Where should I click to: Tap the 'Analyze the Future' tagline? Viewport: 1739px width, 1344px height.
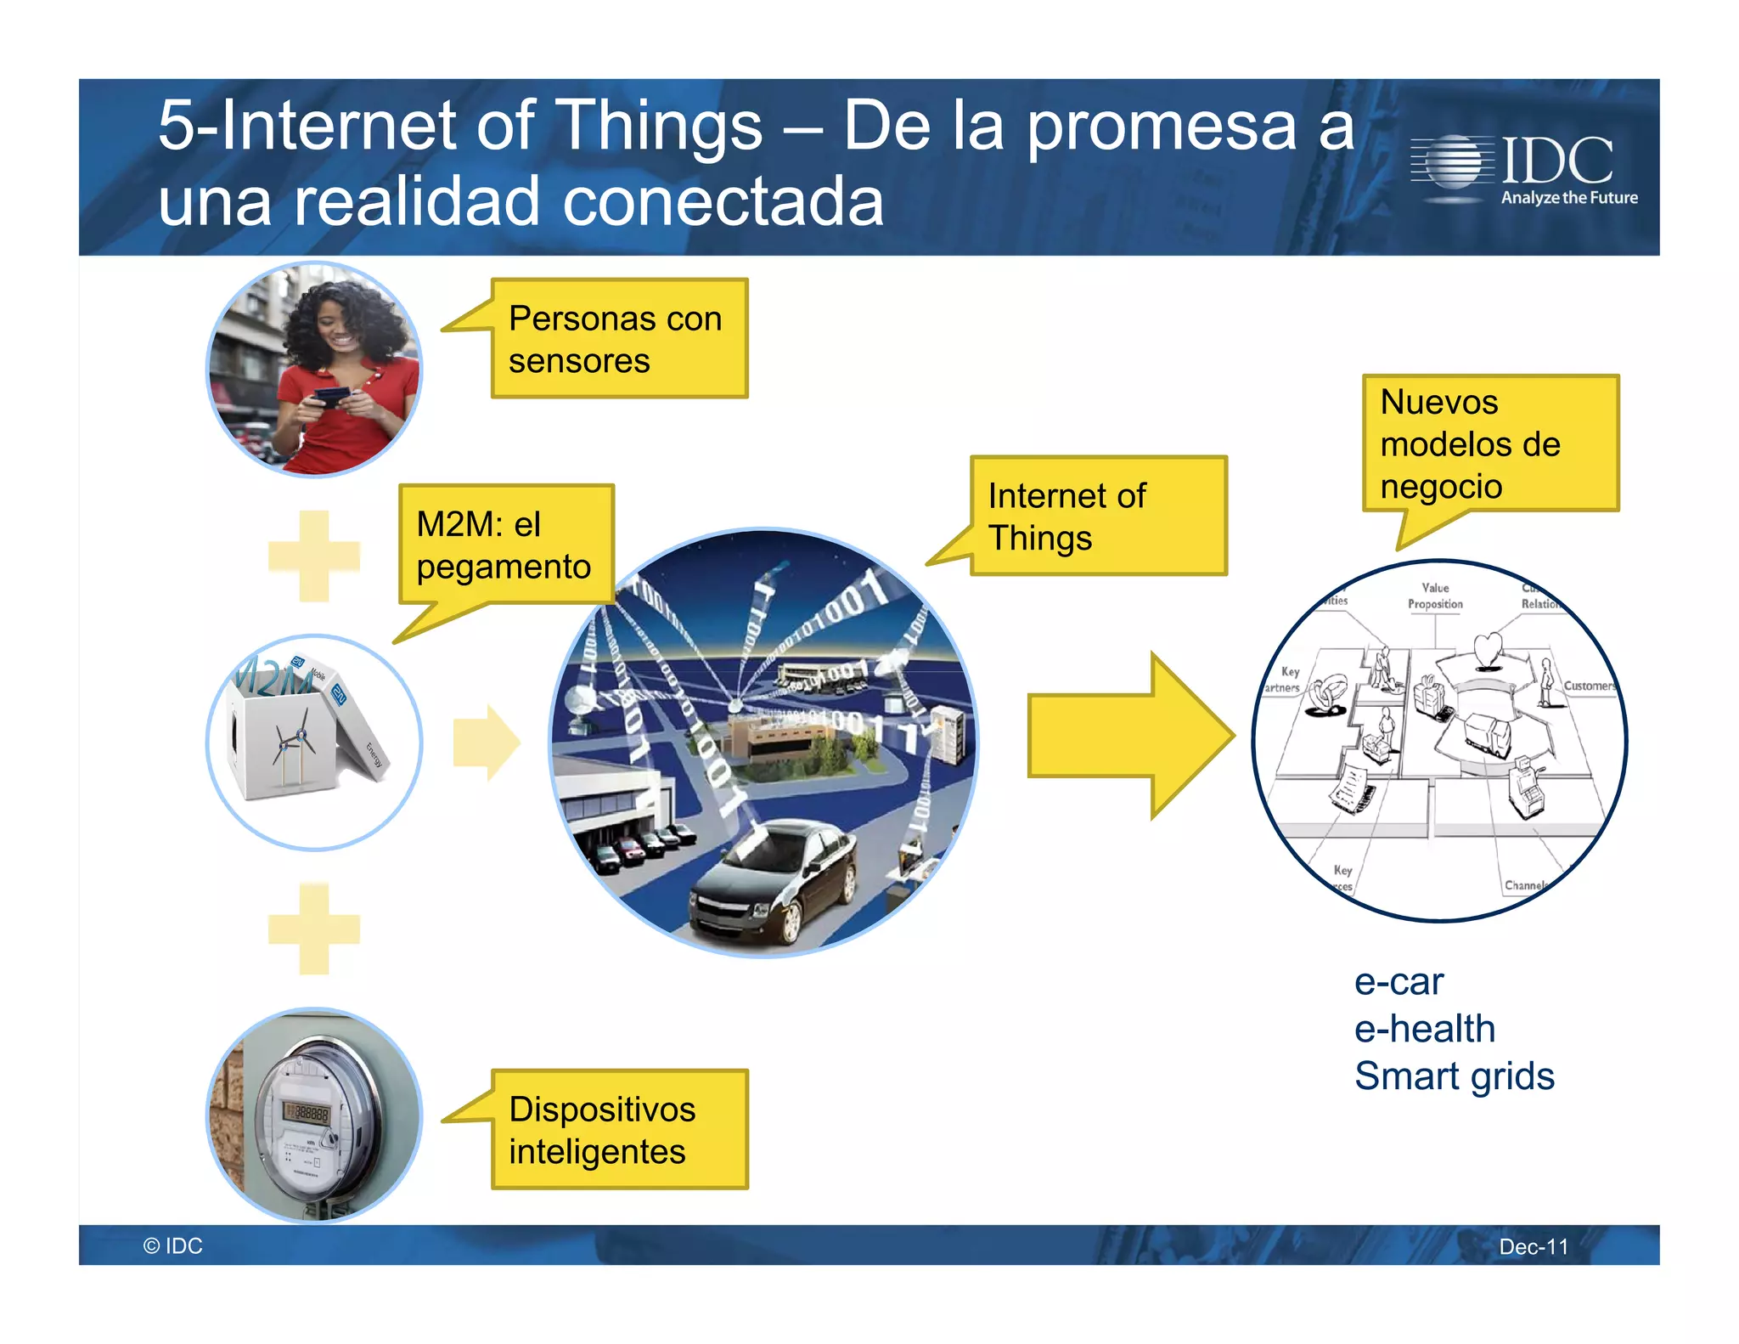[1568, 198]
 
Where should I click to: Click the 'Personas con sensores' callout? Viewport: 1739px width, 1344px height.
[619, 339]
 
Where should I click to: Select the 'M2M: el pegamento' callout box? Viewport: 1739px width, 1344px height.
[506, 545]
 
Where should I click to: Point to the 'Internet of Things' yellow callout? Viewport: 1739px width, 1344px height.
[1098, 517]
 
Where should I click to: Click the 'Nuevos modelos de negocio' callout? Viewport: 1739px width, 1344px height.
[1490, 443]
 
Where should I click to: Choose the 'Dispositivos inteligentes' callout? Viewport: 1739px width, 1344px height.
[619, 1129]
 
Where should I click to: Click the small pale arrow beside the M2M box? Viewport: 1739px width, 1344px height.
[485, 742]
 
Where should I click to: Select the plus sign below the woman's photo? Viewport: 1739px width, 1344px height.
[314, 556]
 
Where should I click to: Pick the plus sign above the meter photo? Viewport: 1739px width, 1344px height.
[314, 929]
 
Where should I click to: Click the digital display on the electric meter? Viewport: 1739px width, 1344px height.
[307, 1112]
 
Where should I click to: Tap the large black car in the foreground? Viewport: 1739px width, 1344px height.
[773, 884]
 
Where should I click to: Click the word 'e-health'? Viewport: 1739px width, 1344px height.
[1424, 1029]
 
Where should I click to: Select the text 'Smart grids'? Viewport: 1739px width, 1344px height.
[1454, 1076]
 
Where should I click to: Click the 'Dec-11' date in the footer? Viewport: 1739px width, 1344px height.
[1533, 1246]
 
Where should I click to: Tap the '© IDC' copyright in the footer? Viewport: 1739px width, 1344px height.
[173, 1245]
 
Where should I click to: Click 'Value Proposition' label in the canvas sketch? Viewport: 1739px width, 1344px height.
[1435, 596]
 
